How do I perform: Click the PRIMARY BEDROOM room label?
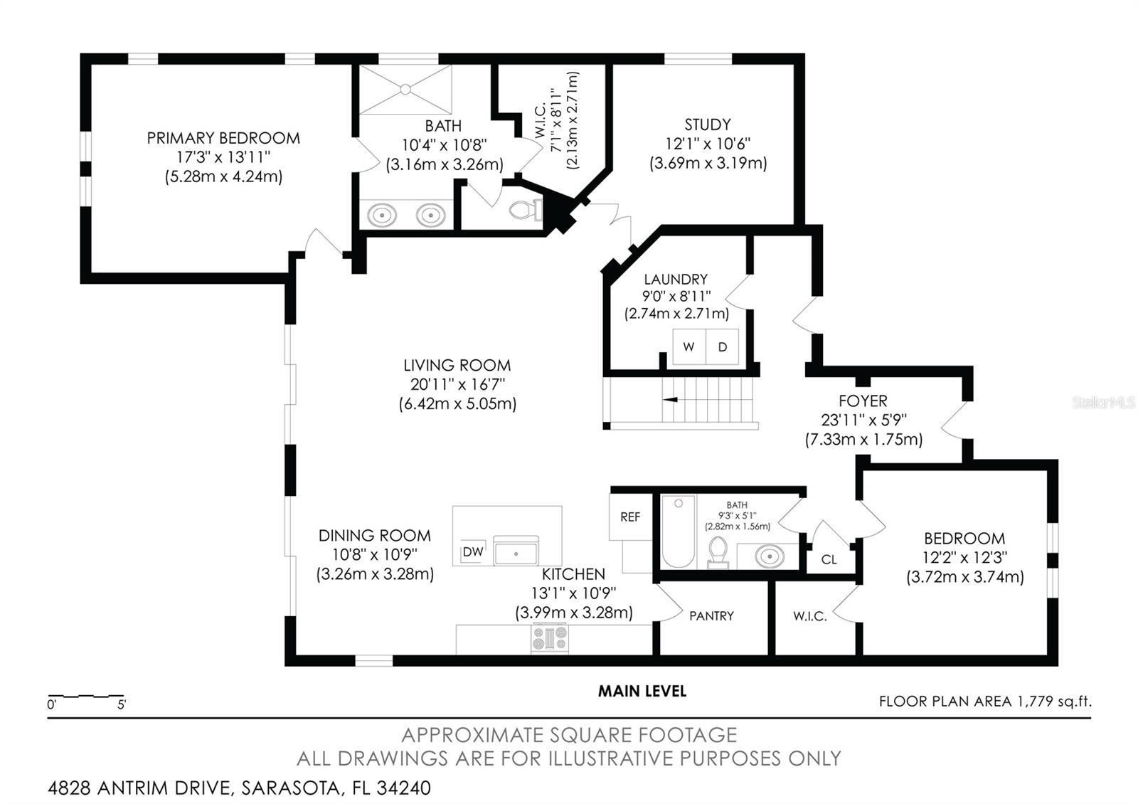pos(223,138)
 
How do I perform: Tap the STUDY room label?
pos(708,125)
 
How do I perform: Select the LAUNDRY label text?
pos(676,280)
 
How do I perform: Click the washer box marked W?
pos(689,347)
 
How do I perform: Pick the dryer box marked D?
pos(723,347)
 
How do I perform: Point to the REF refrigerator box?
pos(630,517)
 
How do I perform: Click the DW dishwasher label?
pos(473,552)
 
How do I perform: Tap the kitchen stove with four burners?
pos(550,639)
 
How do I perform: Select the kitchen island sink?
pos(516,551)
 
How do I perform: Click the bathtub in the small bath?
pos(679,531)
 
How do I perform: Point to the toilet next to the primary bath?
pos(526,210)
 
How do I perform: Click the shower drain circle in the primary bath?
pos(405,90)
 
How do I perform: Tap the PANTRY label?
pos(711,616)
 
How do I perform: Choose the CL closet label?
pos(829,559)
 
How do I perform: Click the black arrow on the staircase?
pos(670,400)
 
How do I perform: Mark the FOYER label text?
pos(863,401)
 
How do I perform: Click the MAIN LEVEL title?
pos(642,691)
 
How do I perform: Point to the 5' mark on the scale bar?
pos(122,705)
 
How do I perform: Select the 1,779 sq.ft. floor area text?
pos(1054,702)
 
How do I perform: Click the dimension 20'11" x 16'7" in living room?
pos(458,385)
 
